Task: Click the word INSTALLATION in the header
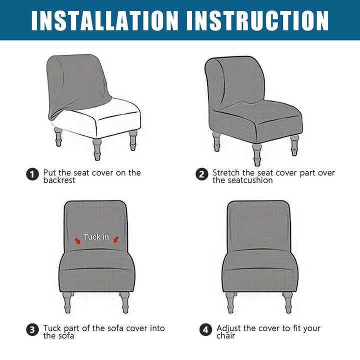pyautogui.click(x=104, y=20)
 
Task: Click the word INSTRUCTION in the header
pyautogui.click(x=257, y=20)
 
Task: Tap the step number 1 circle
pyautogui.click(x=32, y=174)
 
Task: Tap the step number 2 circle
pyautogui.click(x=202, y=174)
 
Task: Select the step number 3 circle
pyautogui.click(x=32, y=330)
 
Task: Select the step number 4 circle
pyautogui.click(x=205, y=330)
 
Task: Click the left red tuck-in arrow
pyautogui.click(x=77, y=241)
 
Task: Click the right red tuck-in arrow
pyautogui.click(x=116, y=240)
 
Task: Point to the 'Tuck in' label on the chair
pyautogui.click(x=96, y=236)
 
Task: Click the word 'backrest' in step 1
pyautogui.click(x=59, y=180)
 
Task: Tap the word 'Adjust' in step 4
pyautogui.click(x=228, y=328)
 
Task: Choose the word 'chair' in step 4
pyautogui.click(x=225, y=335)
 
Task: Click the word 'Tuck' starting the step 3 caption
pyautogui.click(x=52, y=328)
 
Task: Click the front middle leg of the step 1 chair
pyautogui.click(x=97, y=149)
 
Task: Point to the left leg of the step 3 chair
pyautogui.click(x=67, y=302)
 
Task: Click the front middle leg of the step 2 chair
pyautogui.click(x=256, y=154)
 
